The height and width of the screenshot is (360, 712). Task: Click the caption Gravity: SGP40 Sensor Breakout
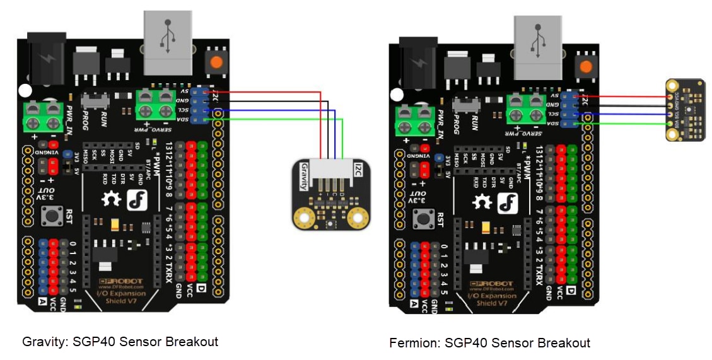[120, 342]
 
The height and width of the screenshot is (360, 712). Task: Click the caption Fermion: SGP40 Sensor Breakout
[489, 343]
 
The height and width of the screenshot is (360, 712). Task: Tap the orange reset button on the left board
[216, 62]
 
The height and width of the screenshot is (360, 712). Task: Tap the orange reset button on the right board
[587, 66]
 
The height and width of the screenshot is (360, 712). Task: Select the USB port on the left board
[167, 41]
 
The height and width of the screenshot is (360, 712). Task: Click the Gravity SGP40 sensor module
[331, 195]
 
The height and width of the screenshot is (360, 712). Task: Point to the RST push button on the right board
[421, 220]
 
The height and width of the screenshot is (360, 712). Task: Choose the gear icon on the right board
[482, 202]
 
